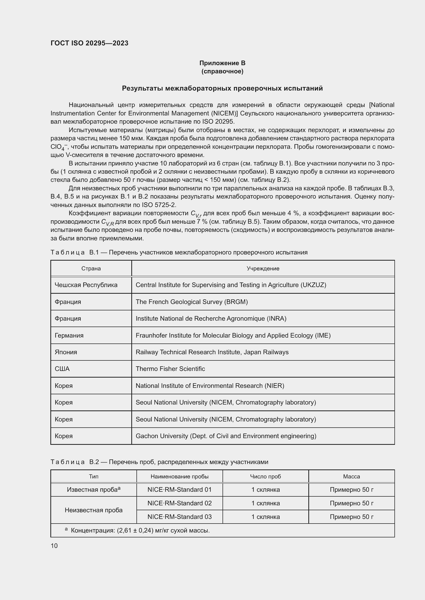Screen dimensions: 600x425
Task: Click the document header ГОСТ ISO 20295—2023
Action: (89, 43)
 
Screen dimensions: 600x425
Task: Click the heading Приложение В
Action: (222, 63)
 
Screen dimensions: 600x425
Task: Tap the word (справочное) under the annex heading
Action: (222, 71)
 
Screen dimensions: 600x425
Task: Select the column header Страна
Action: (91, 268)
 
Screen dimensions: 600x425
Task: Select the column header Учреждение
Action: (263, 268)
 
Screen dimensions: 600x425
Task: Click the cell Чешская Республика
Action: (86, 285)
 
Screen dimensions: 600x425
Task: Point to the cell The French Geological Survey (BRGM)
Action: (192, 302)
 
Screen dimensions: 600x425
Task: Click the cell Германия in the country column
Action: (69, 335)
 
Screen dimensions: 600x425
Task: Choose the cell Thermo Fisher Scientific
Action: (170, 369)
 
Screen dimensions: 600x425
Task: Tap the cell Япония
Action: (66, 352)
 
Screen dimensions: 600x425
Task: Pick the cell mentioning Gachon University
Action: (226, 436)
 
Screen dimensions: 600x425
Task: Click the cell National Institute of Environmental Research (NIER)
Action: (210, 386)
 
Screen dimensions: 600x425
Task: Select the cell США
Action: (62, 369)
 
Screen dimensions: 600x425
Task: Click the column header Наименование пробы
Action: (180, 476)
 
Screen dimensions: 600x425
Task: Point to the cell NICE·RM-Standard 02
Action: (180, 503)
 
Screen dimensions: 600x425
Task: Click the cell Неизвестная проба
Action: (94, 510)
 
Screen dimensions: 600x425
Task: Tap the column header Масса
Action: (352, 476)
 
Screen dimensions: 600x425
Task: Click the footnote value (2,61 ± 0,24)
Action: (135, 530)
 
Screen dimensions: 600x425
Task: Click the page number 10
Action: (54, 546)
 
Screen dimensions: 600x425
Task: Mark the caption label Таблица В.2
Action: (75, 462)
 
